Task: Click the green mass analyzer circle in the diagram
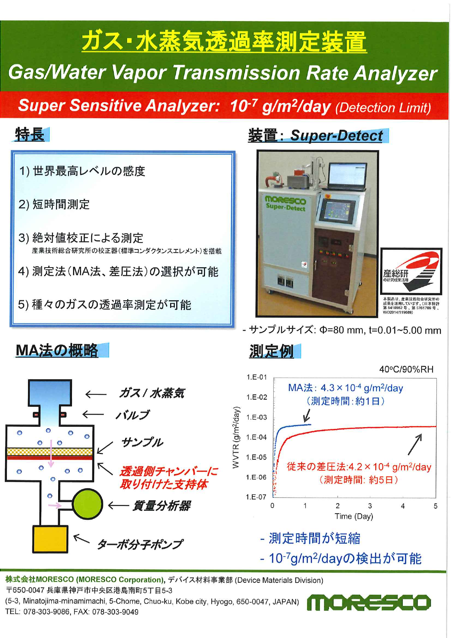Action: coord(88,504)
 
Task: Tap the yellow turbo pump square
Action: coord(50,539)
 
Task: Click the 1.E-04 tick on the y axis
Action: coord(257,437)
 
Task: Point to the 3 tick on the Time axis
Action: coord(370,506)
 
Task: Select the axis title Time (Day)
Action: coord(354,516)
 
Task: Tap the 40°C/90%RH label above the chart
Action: coord(406,370)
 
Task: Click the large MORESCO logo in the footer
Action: coord(369,602)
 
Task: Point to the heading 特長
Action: coord(30,135)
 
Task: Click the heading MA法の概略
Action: coord(57,350)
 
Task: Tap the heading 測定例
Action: coord(271,352)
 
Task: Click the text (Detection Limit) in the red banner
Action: coord(383,108)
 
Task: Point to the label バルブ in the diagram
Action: coord(132,415)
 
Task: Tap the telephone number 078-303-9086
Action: coord(46,612)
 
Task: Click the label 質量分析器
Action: coord(161,505)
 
